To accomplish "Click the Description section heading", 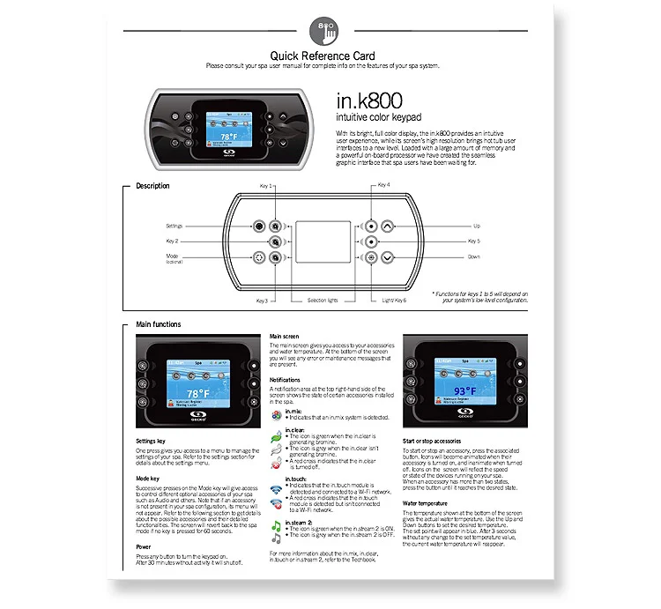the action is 152,186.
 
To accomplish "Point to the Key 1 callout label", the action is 265,186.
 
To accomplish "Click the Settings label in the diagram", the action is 174,226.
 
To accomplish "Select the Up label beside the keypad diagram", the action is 476,226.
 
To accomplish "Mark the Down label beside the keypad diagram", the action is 474,256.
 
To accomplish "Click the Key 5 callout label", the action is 474,241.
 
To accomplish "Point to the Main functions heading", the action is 159,325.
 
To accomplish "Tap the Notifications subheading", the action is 286,380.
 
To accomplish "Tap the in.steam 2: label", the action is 301,523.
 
